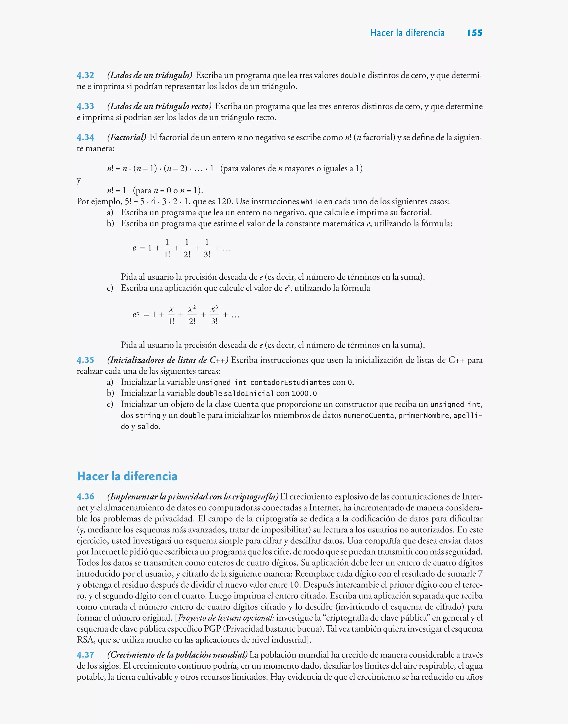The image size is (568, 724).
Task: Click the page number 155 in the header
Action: click(x=475, y=33)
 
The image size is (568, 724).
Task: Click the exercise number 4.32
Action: click(x=85, y=75)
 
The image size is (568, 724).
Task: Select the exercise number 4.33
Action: click(x=85, y=106)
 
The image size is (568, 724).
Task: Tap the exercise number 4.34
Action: click(x=85, y=137)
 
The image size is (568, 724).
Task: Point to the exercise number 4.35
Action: click(x=85, y=360)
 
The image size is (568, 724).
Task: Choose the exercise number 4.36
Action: click(x=85, y=497)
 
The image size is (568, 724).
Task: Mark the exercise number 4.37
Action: click(x=85, y=655)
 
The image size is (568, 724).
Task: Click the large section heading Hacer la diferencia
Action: click(x=127, y=476)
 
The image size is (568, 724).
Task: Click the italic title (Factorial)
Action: click(x=127, y=137)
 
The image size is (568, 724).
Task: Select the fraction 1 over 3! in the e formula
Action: click(x=207, y=248)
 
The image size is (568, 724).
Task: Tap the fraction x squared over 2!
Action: click(x=192, y=315)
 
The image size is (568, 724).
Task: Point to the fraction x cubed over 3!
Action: click(x=214, y=315)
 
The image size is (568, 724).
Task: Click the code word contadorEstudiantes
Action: click(x=290, y=383)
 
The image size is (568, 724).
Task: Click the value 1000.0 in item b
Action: click(x=304, y=394)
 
